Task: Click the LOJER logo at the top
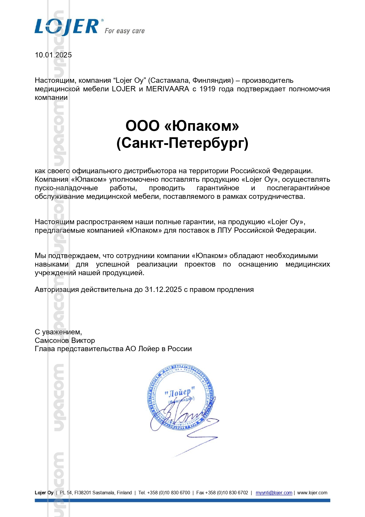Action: point(67,27)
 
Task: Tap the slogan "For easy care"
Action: point(125,31)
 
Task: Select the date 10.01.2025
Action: point(53,55)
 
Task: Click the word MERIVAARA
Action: point(167,89)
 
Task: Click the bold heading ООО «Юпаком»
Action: point(182,126)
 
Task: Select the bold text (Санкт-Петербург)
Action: point(182,143)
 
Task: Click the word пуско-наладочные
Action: point(66,188)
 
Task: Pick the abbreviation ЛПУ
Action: point(225,230)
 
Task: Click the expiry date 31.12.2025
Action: point(163,290)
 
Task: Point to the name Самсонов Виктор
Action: point(65,341)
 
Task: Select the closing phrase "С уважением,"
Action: point(58,332)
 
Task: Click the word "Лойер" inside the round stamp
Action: point(180,393)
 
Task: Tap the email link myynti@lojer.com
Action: point(274,493)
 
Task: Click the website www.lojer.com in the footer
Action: point(312,493)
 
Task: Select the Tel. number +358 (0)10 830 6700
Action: point(168,493)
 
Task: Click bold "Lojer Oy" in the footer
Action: point(44,493)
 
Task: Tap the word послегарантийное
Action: point(298,188)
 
